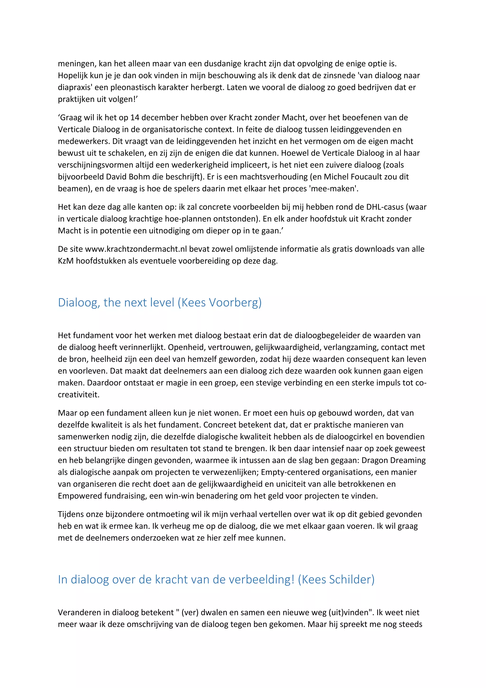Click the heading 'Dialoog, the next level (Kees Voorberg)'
tap(160, 303)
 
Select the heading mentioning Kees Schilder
tap(216, 580)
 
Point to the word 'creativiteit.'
tap(79, 395)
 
